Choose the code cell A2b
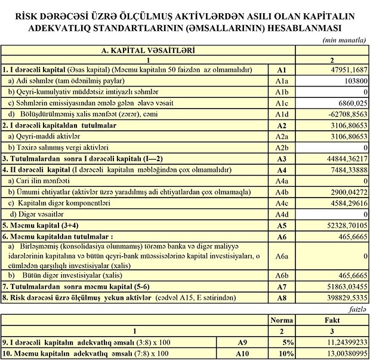coord(282,147)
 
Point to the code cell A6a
coord(282,256)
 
